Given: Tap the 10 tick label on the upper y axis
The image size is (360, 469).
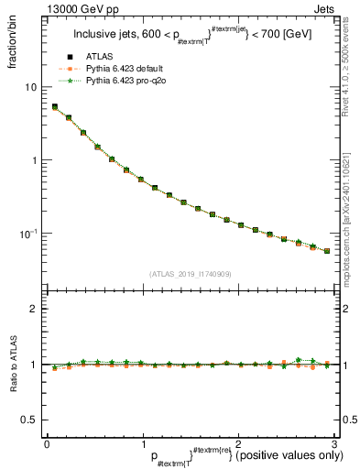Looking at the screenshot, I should [30, 87].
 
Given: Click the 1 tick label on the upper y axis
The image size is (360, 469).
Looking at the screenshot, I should [34, 160].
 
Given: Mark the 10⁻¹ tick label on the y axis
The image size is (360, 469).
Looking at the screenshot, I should [28, 234].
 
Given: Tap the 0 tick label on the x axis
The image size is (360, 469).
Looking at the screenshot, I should [47, 443].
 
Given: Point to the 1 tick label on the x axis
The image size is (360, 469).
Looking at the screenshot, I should [142, 443].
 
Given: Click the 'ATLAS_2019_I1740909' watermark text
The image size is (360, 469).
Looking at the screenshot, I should [190, 274].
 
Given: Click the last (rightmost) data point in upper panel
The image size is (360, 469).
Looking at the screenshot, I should [327, 251].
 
